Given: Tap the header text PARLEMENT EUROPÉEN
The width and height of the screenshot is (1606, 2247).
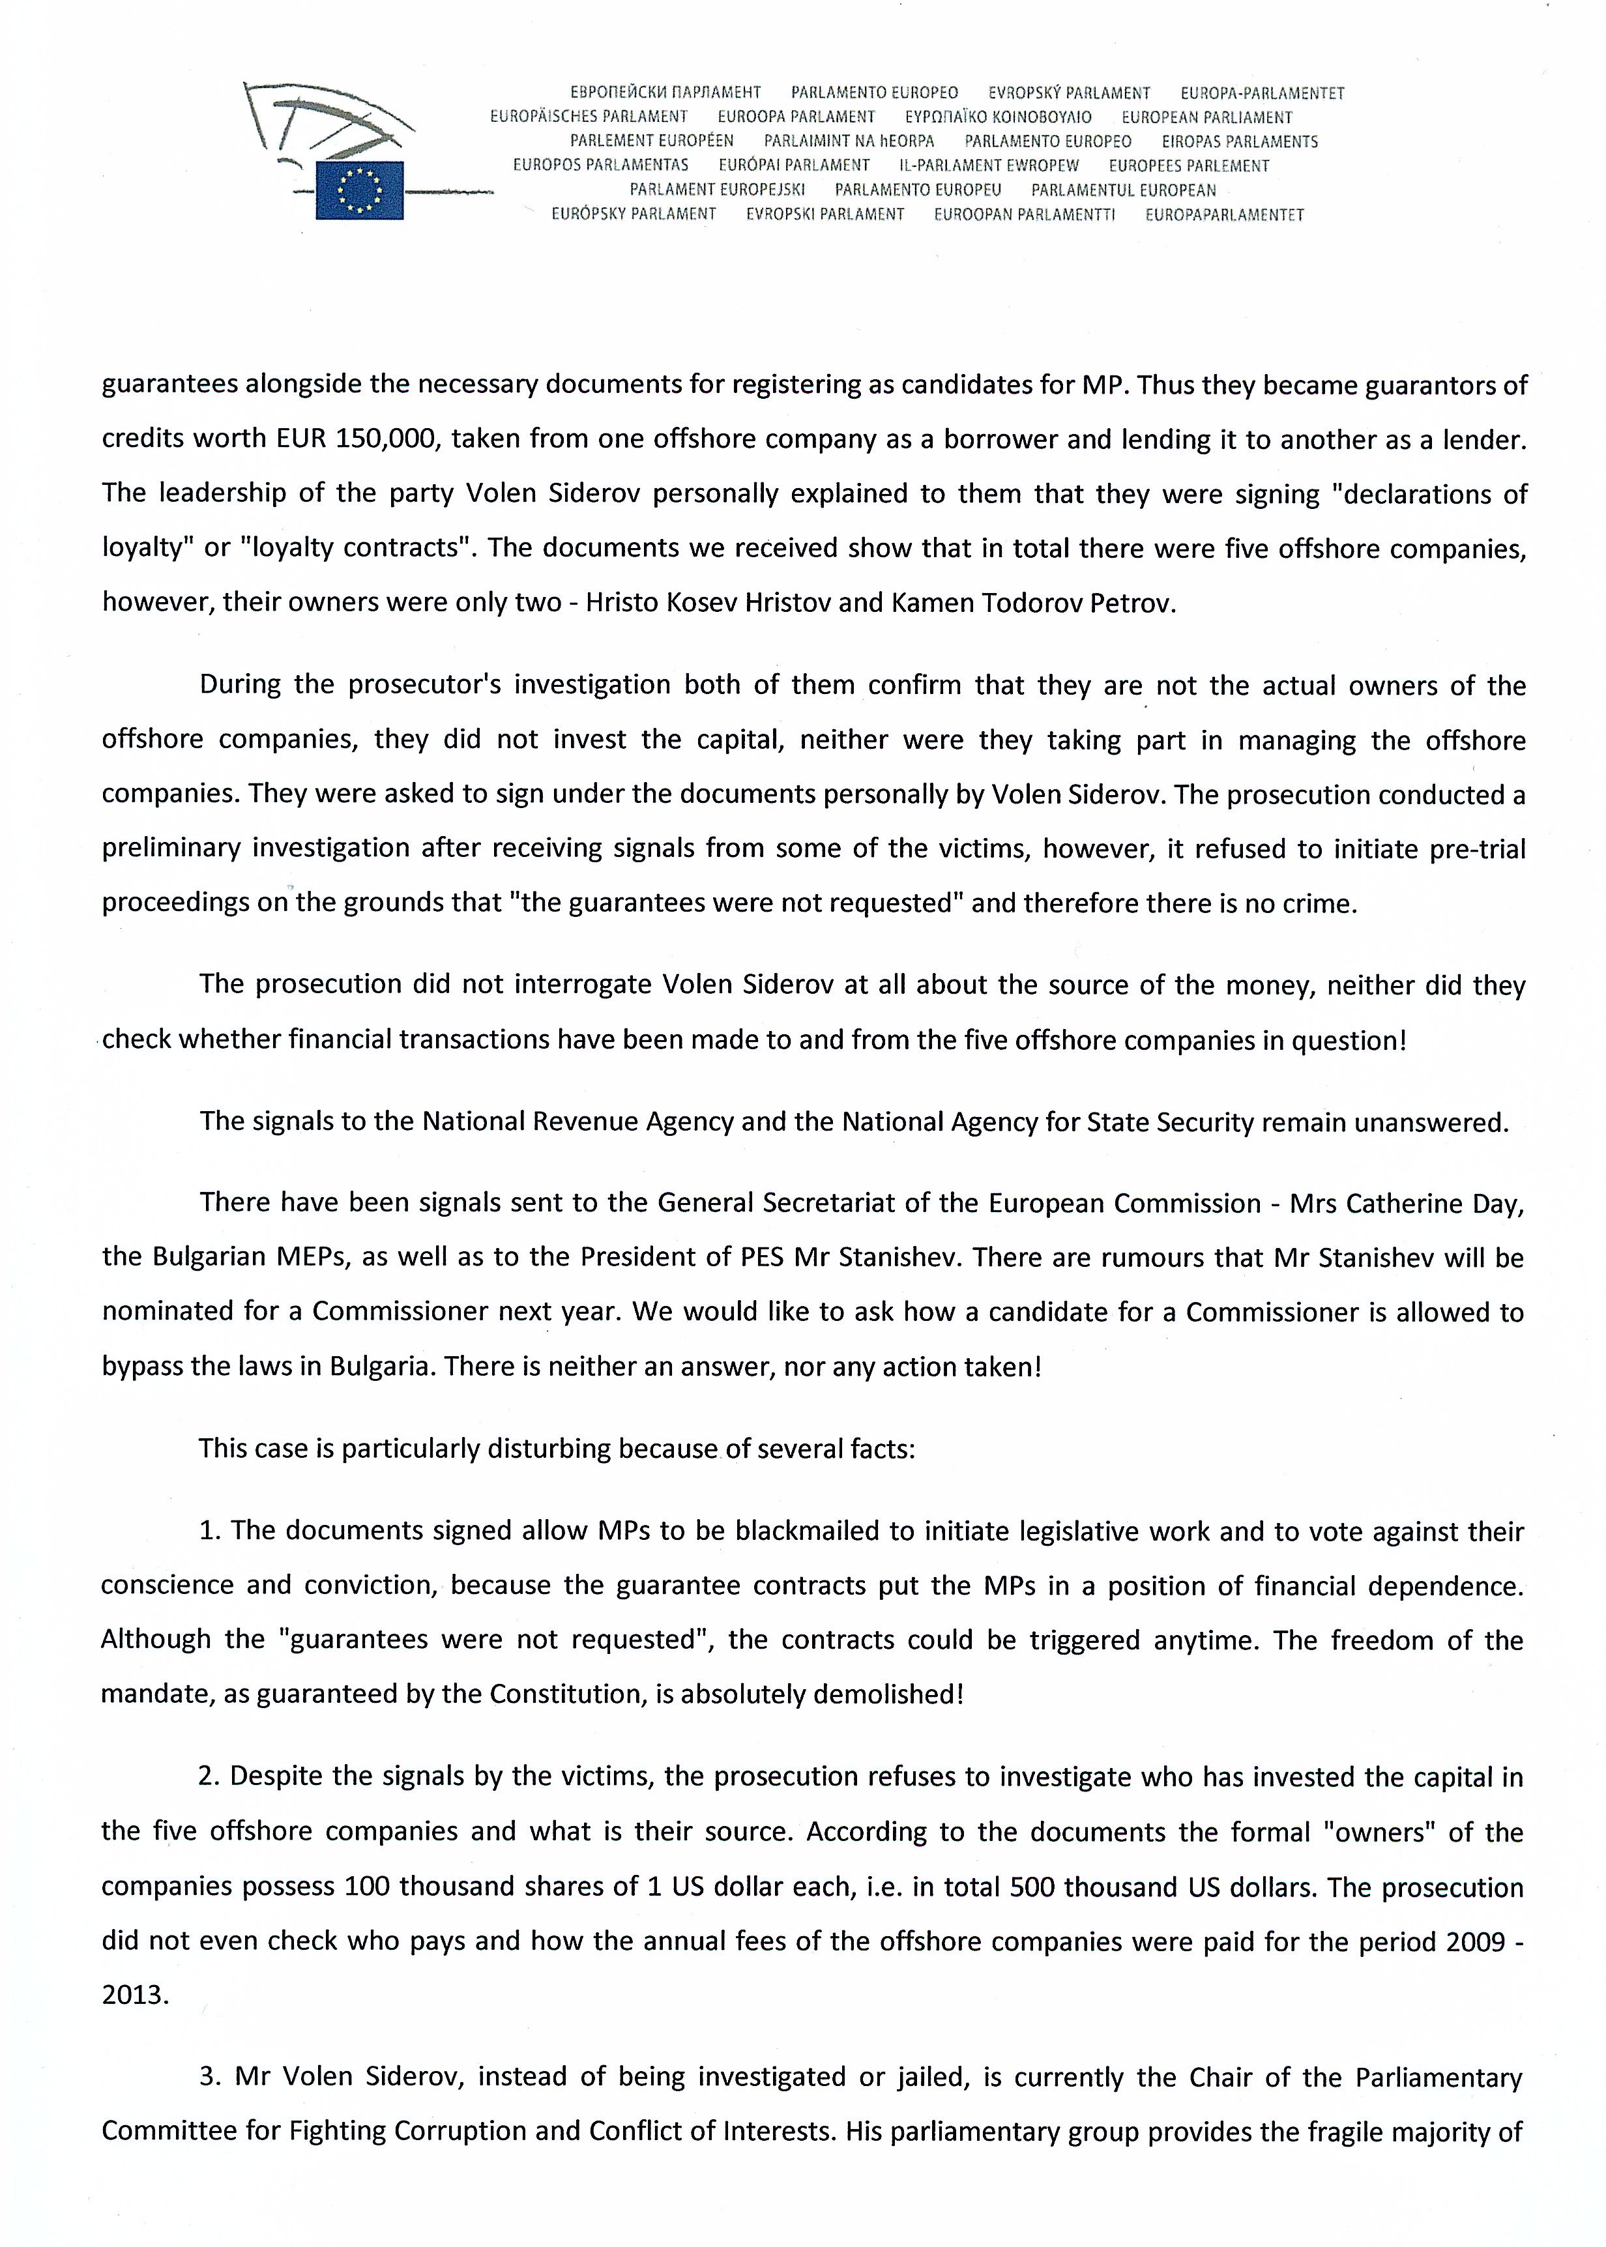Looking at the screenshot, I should pyautogui.click(x=652, y=141).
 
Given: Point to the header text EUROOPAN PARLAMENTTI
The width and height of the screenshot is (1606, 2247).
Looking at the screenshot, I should pyautogui.click(x=1025, y=214).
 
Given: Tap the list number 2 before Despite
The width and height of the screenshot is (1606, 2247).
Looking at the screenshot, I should pyautogui.click(x=208, y=1776).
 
